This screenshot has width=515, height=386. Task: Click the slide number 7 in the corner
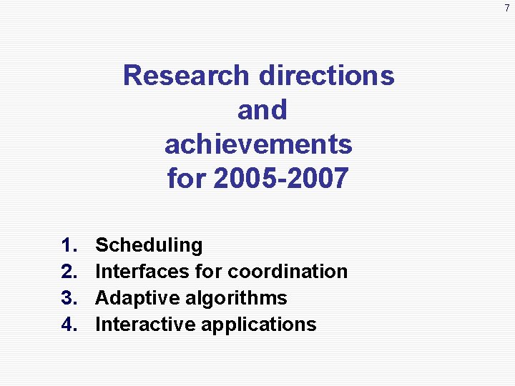506,8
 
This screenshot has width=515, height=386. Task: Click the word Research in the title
187,75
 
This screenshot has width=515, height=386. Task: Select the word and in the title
262,110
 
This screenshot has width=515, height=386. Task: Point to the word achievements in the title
258,144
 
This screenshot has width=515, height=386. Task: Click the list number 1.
69,245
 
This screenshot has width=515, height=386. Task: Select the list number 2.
69,272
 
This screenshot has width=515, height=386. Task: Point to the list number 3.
69,298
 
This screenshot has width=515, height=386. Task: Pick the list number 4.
69,325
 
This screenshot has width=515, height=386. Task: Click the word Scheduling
149,245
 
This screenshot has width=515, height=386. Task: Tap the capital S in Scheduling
102,245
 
